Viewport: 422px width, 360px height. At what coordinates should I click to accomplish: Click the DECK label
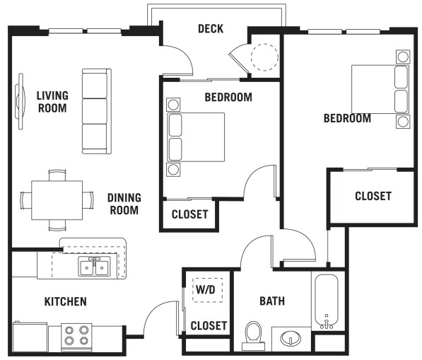click(x=211, y=29)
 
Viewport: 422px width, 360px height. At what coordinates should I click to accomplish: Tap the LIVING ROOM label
click(x=52, y=102)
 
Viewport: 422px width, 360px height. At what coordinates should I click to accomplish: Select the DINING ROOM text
click(x=124, y=204)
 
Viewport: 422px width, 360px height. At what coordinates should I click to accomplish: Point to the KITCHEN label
click(x=66, y=301)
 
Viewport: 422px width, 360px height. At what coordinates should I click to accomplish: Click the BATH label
click(x=272, y=301)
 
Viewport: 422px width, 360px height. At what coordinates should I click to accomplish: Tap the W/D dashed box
click(x=208, y=290)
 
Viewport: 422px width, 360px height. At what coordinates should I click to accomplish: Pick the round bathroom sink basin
click(x=291, y=338)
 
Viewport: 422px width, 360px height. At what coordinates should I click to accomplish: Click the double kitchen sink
click(x=94, y=267)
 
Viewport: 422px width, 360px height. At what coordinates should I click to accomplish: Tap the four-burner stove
click(x=77, y=337)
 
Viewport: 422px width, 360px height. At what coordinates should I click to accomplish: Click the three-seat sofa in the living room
click(x=97, y=111)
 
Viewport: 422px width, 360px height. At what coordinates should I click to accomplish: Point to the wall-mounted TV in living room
click(x=20, y=102)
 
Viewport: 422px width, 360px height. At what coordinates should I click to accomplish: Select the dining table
click(x=57, y=200)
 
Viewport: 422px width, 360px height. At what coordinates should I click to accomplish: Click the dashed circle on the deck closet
click(x=264, y=57)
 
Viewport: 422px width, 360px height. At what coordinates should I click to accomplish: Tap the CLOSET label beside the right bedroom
click(x=373, y=196)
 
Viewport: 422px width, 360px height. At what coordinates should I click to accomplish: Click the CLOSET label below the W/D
click(x=209, y=326)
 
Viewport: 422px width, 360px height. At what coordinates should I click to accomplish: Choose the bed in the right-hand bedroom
click(x=380, y=89)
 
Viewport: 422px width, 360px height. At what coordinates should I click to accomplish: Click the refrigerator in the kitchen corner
click(x=30, y=337)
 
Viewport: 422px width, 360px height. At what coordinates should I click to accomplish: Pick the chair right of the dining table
click(x=88, y=199)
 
